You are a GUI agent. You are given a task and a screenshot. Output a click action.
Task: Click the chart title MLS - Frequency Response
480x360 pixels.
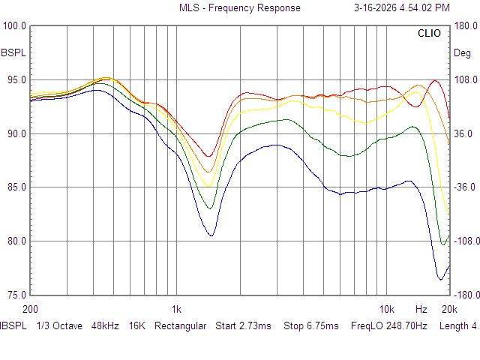tap(239, 8)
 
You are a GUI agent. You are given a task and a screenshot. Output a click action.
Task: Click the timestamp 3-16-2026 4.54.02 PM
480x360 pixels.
tap(401, 8)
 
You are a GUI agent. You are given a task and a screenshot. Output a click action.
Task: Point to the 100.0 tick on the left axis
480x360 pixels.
tap(15, 26)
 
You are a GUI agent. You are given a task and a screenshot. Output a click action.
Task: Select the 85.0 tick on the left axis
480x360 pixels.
tap(15, 187)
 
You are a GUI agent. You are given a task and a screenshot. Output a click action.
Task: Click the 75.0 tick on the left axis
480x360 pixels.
tap(15, 295)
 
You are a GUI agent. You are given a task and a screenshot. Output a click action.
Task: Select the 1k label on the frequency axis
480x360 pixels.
tap(175, 309)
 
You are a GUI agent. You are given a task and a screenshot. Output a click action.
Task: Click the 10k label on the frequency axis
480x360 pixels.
tap(387, 309)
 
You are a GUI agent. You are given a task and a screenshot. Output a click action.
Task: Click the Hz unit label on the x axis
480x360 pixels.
tap(421, 309)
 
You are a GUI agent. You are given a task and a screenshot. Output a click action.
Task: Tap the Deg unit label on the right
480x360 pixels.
tap(463, 53)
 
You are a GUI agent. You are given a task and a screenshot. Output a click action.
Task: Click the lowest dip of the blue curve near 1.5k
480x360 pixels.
tap(211, 236)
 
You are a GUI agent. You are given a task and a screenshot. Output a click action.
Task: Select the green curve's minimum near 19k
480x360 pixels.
tap(443, 244)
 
